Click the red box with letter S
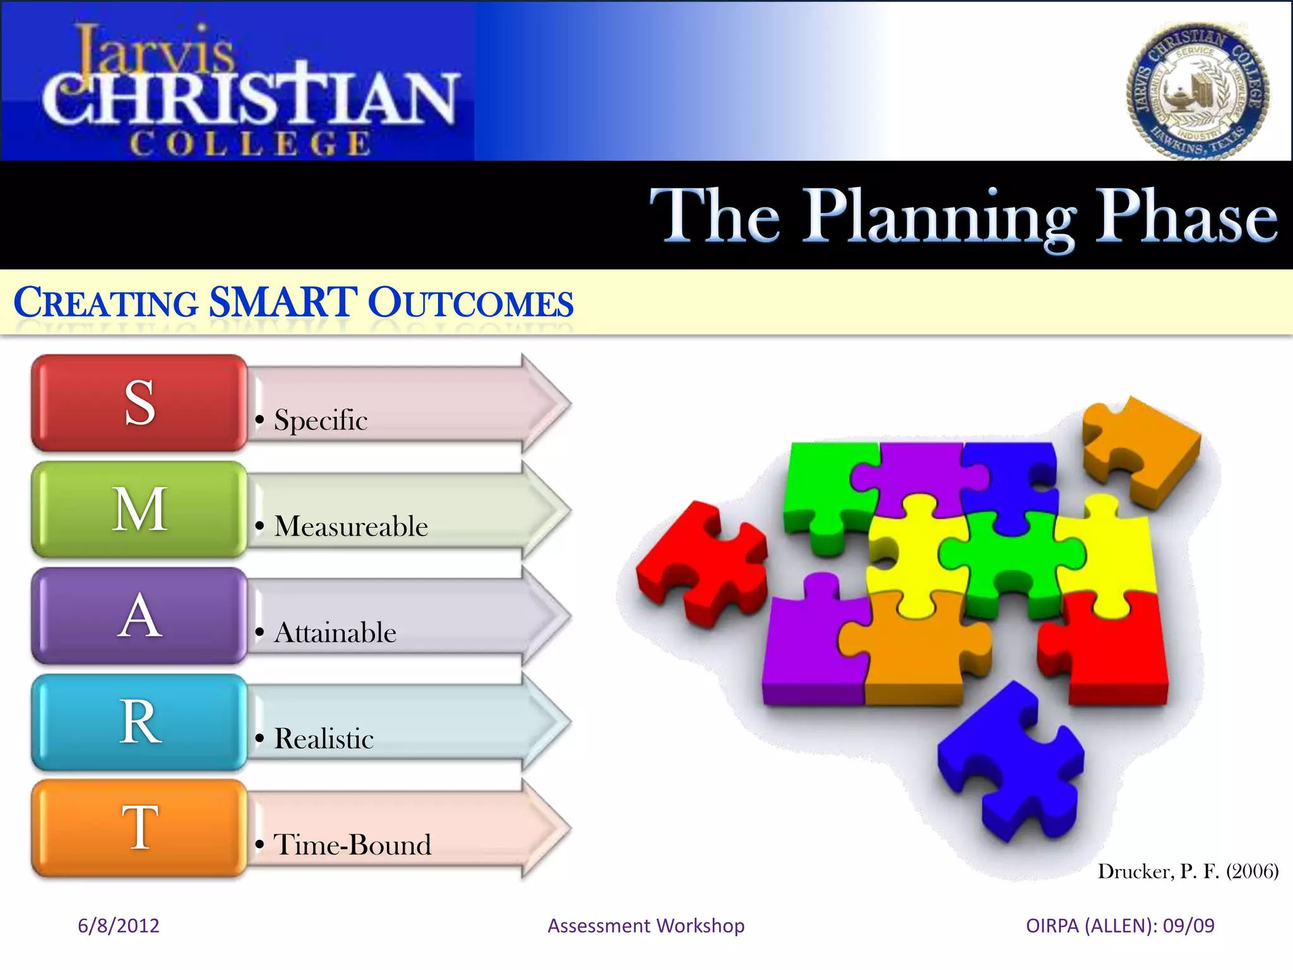pos(139,403)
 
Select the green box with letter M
pos(139,509)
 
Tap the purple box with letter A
pos(139,616)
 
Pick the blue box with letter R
pos(139,722)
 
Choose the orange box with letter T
pos(139,828)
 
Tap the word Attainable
pos(335,633)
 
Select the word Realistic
pos(324,739)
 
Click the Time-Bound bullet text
pos(352,845)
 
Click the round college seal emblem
pos(1198,92)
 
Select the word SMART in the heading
pos(283,302)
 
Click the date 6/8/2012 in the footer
pos(119,926)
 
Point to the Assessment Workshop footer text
pos(646,926)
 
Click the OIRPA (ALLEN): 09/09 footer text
pos(1120,926)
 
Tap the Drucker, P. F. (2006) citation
pos(1188,871)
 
